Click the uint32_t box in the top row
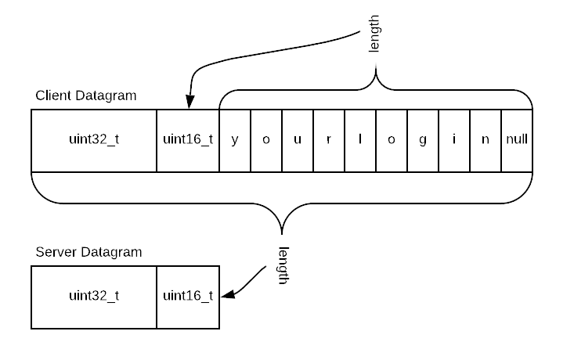click(94, 140)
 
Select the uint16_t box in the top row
click(188, 140)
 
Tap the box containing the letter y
click(235, 140)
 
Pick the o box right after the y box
click(266, 140)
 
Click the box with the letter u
click(298, 140)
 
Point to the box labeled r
click(329, 140)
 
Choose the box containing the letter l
click(360, 140)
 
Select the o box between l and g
click(392, 140)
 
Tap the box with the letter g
click(423, 140)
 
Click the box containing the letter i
click(454, 140)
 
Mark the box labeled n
click(486, 140)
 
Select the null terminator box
click(517, 140)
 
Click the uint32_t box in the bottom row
click(94, 297)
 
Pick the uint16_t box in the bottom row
click(188, 297)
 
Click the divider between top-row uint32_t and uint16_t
click(157, 140)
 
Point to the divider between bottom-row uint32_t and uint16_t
click(157, 297)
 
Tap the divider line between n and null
click(501, 140)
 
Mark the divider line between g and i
click(439, 140)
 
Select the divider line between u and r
click(313, 140)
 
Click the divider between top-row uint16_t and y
click(219, 140)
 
